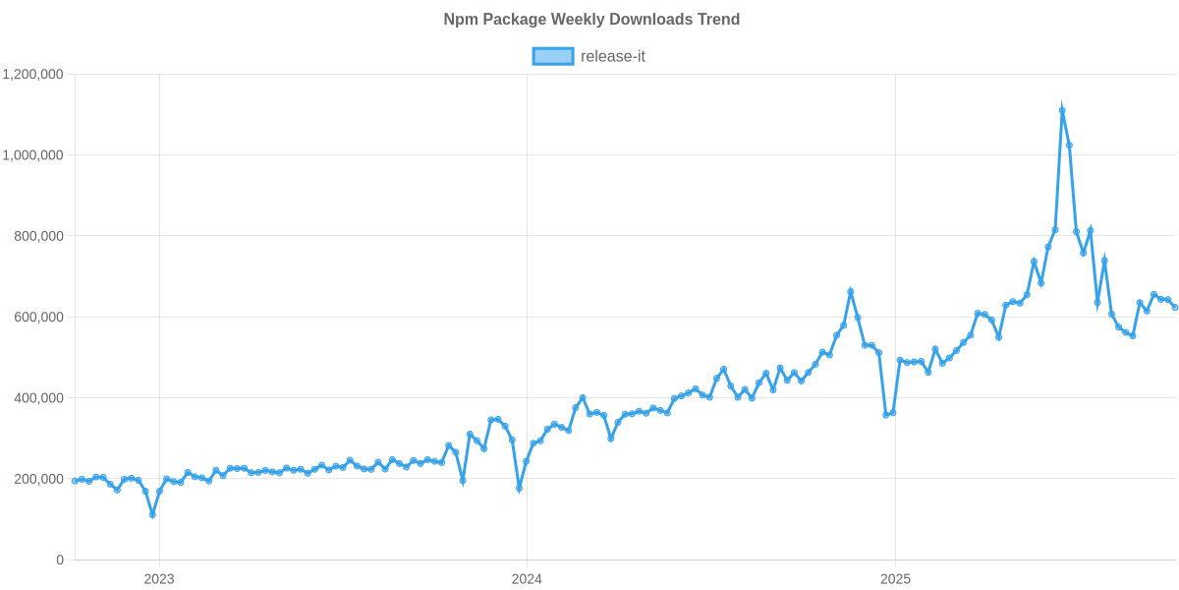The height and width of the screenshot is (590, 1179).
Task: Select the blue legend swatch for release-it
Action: pos(552,56)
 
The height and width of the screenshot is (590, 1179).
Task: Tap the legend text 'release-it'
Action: pos(613,56)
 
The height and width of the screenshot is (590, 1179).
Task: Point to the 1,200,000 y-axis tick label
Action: pos(33,74)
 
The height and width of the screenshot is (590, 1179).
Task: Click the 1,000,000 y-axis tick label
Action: pos(33,155)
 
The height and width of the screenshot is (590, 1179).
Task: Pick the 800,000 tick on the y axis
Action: pos(39,236)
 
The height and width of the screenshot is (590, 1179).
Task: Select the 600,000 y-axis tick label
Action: pos(39,317)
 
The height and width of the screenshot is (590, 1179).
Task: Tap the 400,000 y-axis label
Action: pos(39,398)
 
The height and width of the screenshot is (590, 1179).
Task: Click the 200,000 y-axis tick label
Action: pos(39,479)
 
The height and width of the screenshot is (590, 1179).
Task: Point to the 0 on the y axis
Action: pos(59,560)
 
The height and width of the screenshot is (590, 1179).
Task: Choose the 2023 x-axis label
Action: pos(159,578)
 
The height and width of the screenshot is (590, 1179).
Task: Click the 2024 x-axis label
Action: pos(527,578)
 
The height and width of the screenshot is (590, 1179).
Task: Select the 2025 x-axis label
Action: pos(894,578)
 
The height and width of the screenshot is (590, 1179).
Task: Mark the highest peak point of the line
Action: pos(1062,110)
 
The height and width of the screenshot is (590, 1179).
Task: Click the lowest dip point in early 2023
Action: pos(152,514)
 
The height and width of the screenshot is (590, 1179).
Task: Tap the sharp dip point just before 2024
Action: pos(519,488)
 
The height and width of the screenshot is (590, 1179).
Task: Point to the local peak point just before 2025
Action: pos(851,291)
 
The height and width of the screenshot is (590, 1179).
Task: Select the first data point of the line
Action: pos(75,480)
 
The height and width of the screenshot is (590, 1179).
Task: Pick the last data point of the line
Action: pos(1175,308)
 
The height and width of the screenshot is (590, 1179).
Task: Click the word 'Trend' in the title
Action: pos(721,20)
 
